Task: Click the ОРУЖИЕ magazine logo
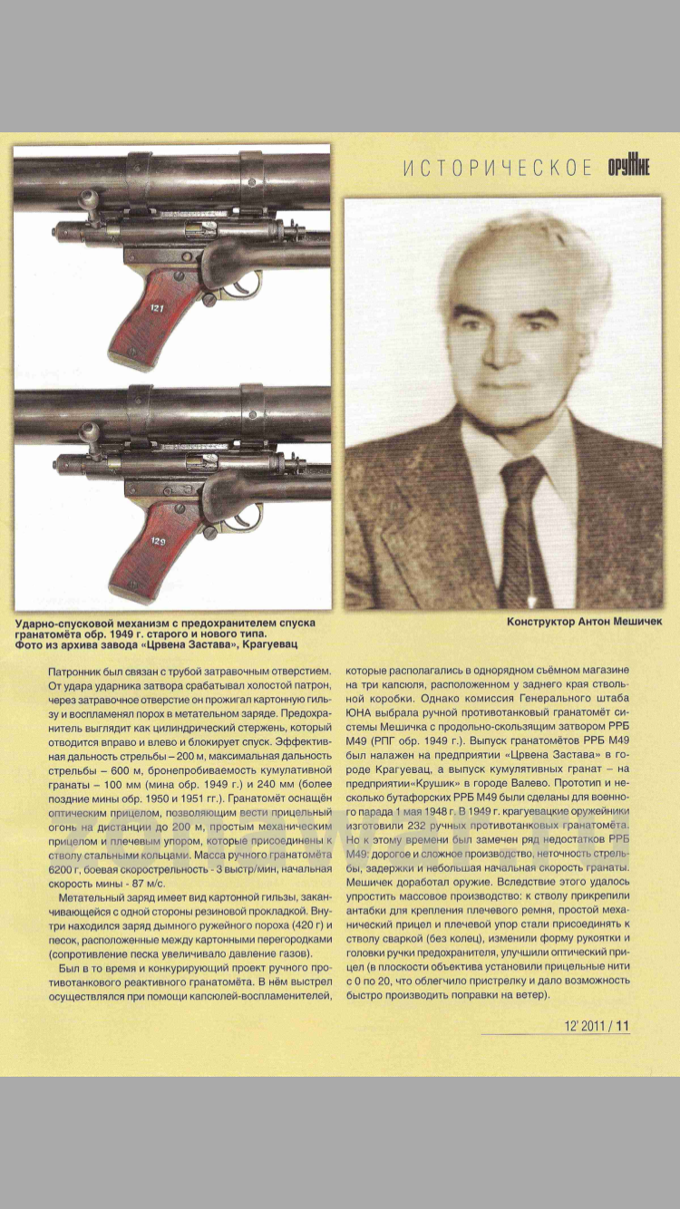tap(628, 168)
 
